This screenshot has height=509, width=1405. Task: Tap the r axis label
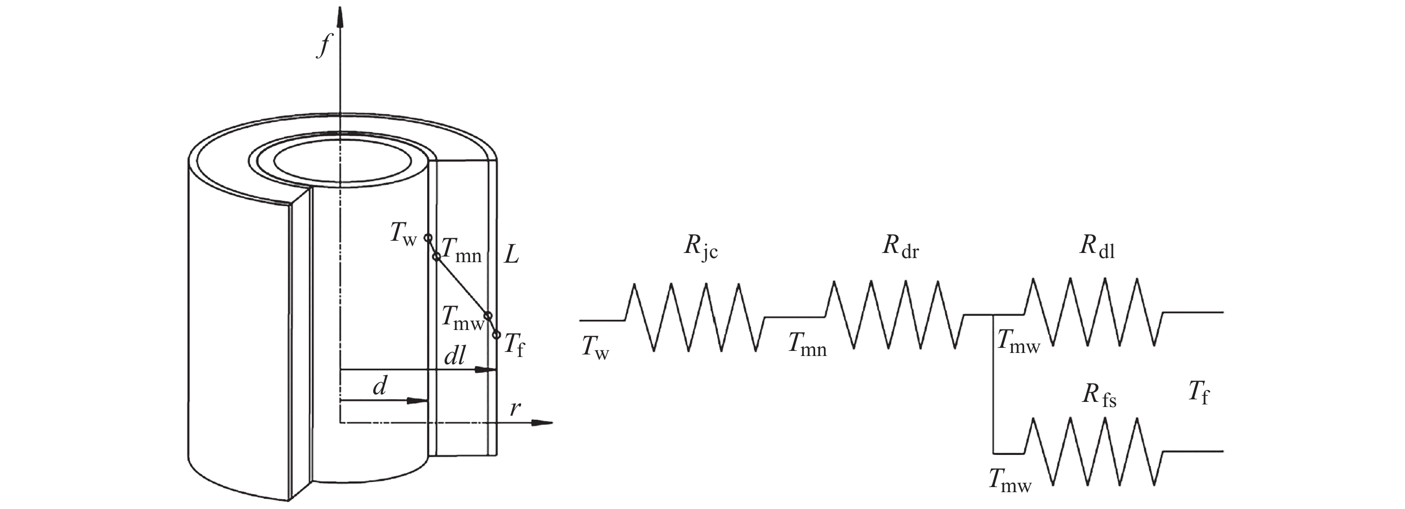pyautogui.click(x=515, y=408)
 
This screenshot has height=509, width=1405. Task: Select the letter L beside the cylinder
pyautogui.click(x=511, y=254)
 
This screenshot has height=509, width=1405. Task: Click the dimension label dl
pyautogui.click(x=455, y=356)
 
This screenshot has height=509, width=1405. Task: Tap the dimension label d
pyautogui.click(x=380, y=386)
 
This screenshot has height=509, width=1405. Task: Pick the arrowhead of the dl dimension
pyautogui.click(x=485, y=370)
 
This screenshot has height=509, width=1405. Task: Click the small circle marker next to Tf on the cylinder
pyautogui.click(x=497, y=335)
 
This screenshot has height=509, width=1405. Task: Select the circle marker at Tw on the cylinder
pyautogui.click(x=428, y=238)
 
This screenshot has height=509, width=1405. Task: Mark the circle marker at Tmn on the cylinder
pyautogui.click(x=436, y=257)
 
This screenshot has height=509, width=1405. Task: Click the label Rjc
pyautogui.click(x=701, y=248)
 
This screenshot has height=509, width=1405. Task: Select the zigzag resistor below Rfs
pyautogui.click(x=1094, y=452)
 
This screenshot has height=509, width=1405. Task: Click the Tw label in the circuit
pyautogui.click(x=595, y=347)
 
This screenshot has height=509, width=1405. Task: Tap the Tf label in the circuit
pyautogui.click(x=1199, y=393)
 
